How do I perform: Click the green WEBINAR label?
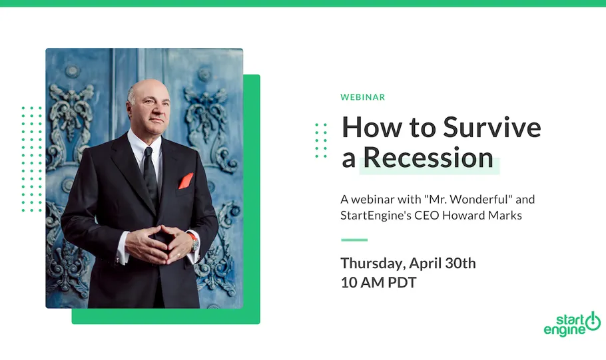(x=362, y=97)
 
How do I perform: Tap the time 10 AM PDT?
(x=378, y=282)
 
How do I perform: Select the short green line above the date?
(x=354, y=240)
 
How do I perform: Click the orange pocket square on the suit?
(x=186, y=180)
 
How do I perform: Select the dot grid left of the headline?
(x=321, y=139)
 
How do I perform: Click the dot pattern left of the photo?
(x=31, y=159)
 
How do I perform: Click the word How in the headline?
(x=368, y=127)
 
